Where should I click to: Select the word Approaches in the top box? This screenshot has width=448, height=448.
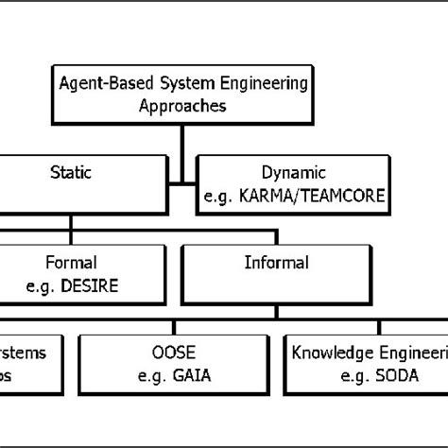coord(181,106)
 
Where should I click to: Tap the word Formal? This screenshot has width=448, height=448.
coord(71,262)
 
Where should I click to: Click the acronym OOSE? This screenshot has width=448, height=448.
coord(174,353)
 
